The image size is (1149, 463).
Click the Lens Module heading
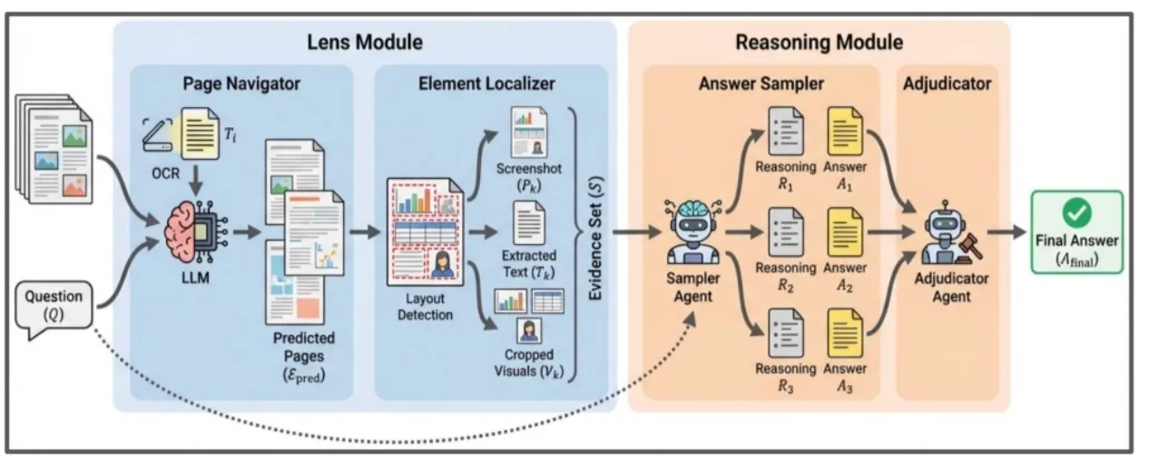pyautogui.click(x=364, y=42)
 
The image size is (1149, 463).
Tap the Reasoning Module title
pyautogui.click(x=819, y=42)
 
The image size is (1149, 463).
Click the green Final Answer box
pyautogui.click(x=1077, y=232)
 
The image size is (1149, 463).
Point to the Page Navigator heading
pyautogui.click(x=241, y=84)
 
